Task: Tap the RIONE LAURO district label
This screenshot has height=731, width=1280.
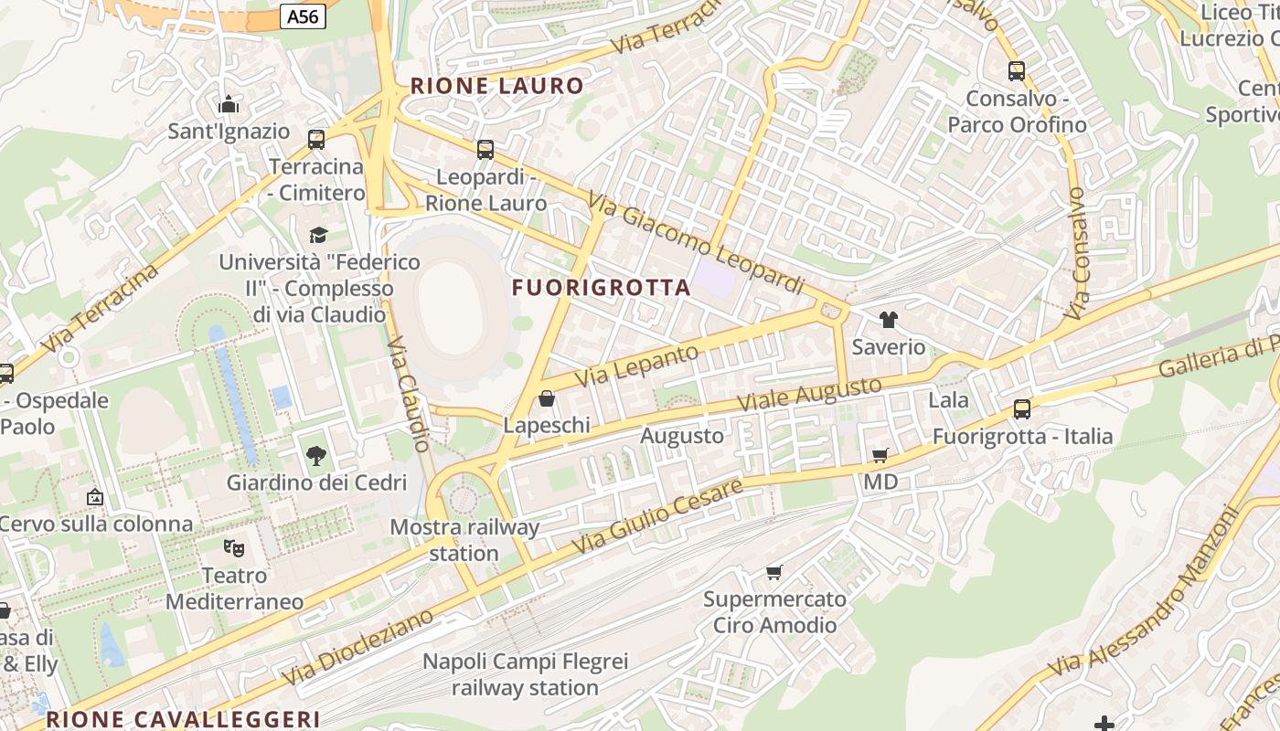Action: [x=496, y=86]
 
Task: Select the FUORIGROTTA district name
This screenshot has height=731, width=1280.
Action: [x=601, y=288]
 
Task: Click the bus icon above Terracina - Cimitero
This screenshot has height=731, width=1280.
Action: [x=316, y=140]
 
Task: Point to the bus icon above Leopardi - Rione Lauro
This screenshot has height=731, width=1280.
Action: [x=485, y=149]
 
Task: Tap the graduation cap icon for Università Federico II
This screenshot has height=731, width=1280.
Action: [x=318, y=235]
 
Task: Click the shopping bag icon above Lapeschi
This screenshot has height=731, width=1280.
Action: [x=547, y=398]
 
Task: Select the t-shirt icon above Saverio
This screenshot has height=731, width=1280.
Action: [x=888, y=320]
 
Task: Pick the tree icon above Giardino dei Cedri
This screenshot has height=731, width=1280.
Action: [x=316, y=455]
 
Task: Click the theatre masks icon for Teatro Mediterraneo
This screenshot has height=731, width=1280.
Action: [x=234, y=548]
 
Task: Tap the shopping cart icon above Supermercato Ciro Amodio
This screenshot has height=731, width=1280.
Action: [x=774, y=572]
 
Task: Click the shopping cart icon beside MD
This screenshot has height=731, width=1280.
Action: [x=880, y=455]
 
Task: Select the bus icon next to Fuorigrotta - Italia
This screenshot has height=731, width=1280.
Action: [x=1022, y=409]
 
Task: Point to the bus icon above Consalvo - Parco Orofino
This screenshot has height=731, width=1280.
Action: [x=1016, y=71]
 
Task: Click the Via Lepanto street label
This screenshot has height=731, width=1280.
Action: [x=637, y=365]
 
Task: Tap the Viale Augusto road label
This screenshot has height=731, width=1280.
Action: [x=809, y=393]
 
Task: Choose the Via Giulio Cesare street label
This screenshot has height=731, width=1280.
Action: [x=657, y=516]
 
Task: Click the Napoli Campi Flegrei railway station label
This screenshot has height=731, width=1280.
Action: [x=525, y=674]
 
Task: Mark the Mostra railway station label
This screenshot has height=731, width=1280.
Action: [x=464, y=540]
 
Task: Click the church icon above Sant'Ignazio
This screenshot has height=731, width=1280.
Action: [x=229, y=104]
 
